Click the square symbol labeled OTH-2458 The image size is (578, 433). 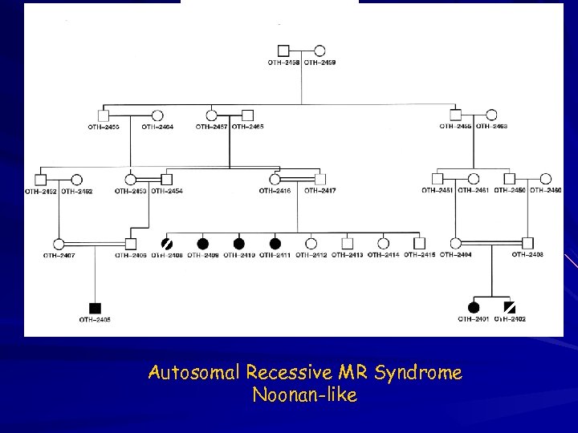[x=283, y=51]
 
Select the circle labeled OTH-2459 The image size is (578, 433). [x=319, y=51]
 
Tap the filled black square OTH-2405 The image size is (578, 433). [x=96, y=308]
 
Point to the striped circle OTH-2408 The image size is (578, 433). [x=168, y=243]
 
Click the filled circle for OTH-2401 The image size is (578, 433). [x=474, y=307]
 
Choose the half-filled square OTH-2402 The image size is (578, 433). [x=509, y=307]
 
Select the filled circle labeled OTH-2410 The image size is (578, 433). [x=238, y=243]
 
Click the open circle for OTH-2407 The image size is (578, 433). [x=59, y=243]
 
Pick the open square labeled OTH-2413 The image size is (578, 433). [x=347, y=243]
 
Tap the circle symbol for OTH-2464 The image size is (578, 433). [x=158, y=115]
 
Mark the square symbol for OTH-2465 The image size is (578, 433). [x=248, y=115]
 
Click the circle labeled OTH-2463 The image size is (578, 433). [x=491, y=115]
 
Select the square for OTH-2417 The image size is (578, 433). [x=320, y=179]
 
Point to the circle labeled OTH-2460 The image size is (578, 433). [x=546, y=179]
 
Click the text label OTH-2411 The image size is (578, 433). [x=275, y=255]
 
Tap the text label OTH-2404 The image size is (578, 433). [x=455, y=255]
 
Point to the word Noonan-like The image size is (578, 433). [x=304, y=395]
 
